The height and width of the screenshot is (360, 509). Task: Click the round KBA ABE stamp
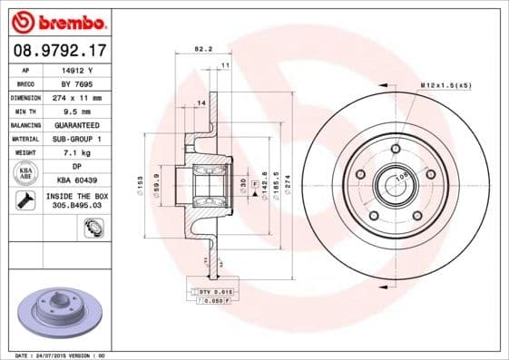point(25,174)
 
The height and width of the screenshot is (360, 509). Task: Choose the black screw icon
point(25,200)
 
